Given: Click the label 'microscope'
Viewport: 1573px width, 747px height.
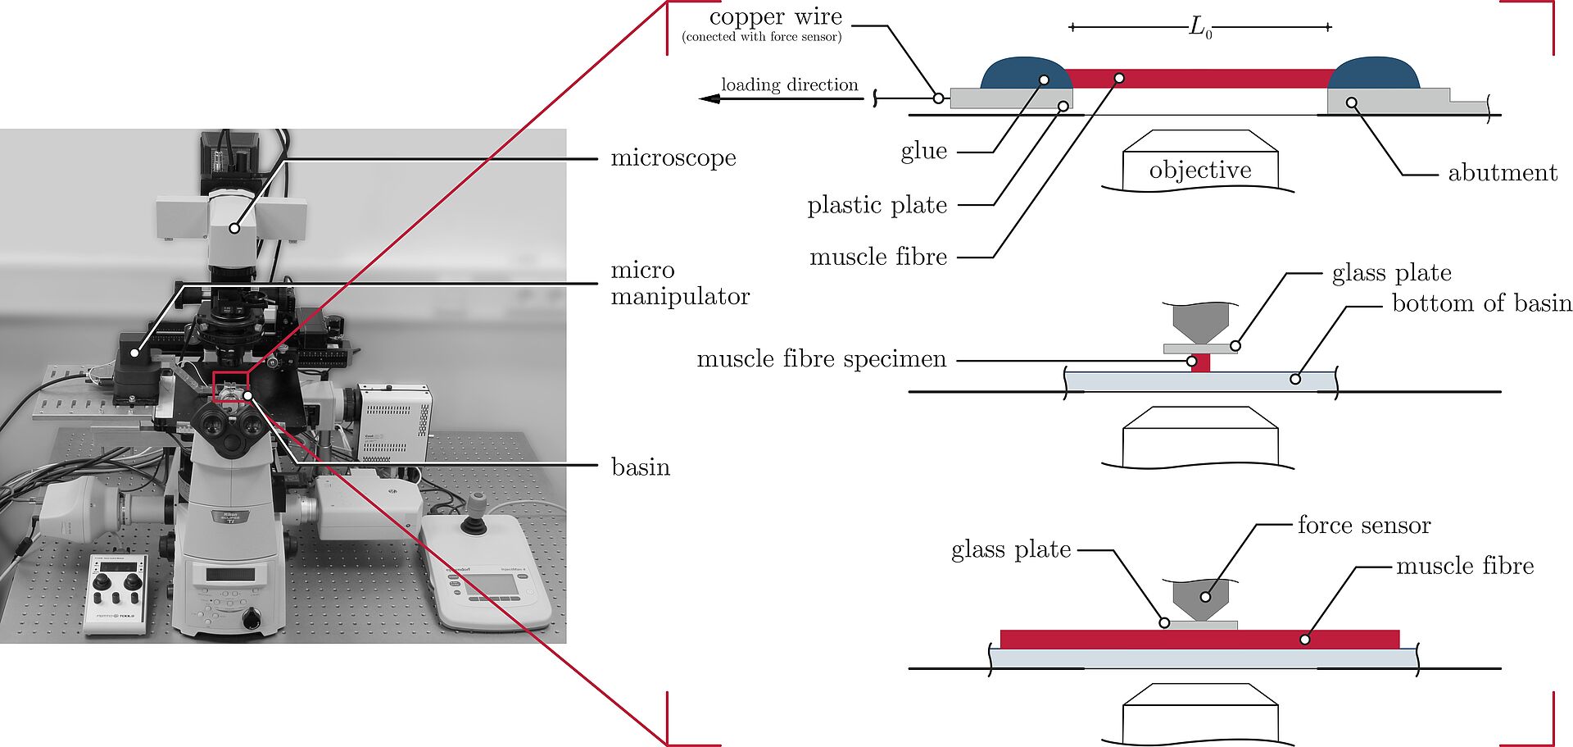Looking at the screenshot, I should pos(673,157).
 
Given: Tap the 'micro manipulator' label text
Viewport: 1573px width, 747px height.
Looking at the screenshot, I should pos(679,283).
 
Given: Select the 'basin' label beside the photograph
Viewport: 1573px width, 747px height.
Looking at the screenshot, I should pos(641,467).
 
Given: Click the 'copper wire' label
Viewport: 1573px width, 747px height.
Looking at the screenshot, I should pos(775,17).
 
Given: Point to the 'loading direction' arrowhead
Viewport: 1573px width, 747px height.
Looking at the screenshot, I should pos(709,98).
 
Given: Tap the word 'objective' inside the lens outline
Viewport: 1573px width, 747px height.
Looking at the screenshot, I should pos(1200,171).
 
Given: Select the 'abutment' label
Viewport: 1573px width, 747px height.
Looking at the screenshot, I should pos(1502,173).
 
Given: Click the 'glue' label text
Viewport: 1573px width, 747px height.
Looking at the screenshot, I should pos(924,151).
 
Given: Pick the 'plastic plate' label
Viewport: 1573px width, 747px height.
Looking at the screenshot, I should pos(877,205).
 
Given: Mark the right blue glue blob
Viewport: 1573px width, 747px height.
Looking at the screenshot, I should pos(1374,73).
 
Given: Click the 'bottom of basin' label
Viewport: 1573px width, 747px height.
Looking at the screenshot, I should pos(1481,303).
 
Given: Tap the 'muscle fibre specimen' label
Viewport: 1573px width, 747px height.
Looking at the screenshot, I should pos(821,359).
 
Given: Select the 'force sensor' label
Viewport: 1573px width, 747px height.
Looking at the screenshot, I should pos(1364,525).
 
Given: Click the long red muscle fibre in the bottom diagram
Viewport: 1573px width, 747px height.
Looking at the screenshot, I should pos(1199,639).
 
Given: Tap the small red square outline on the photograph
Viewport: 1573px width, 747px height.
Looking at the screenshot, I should pos(229,385).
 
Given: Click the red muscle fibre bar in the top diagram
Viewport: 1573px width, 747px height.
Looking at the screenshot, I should pos(1199,79).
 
